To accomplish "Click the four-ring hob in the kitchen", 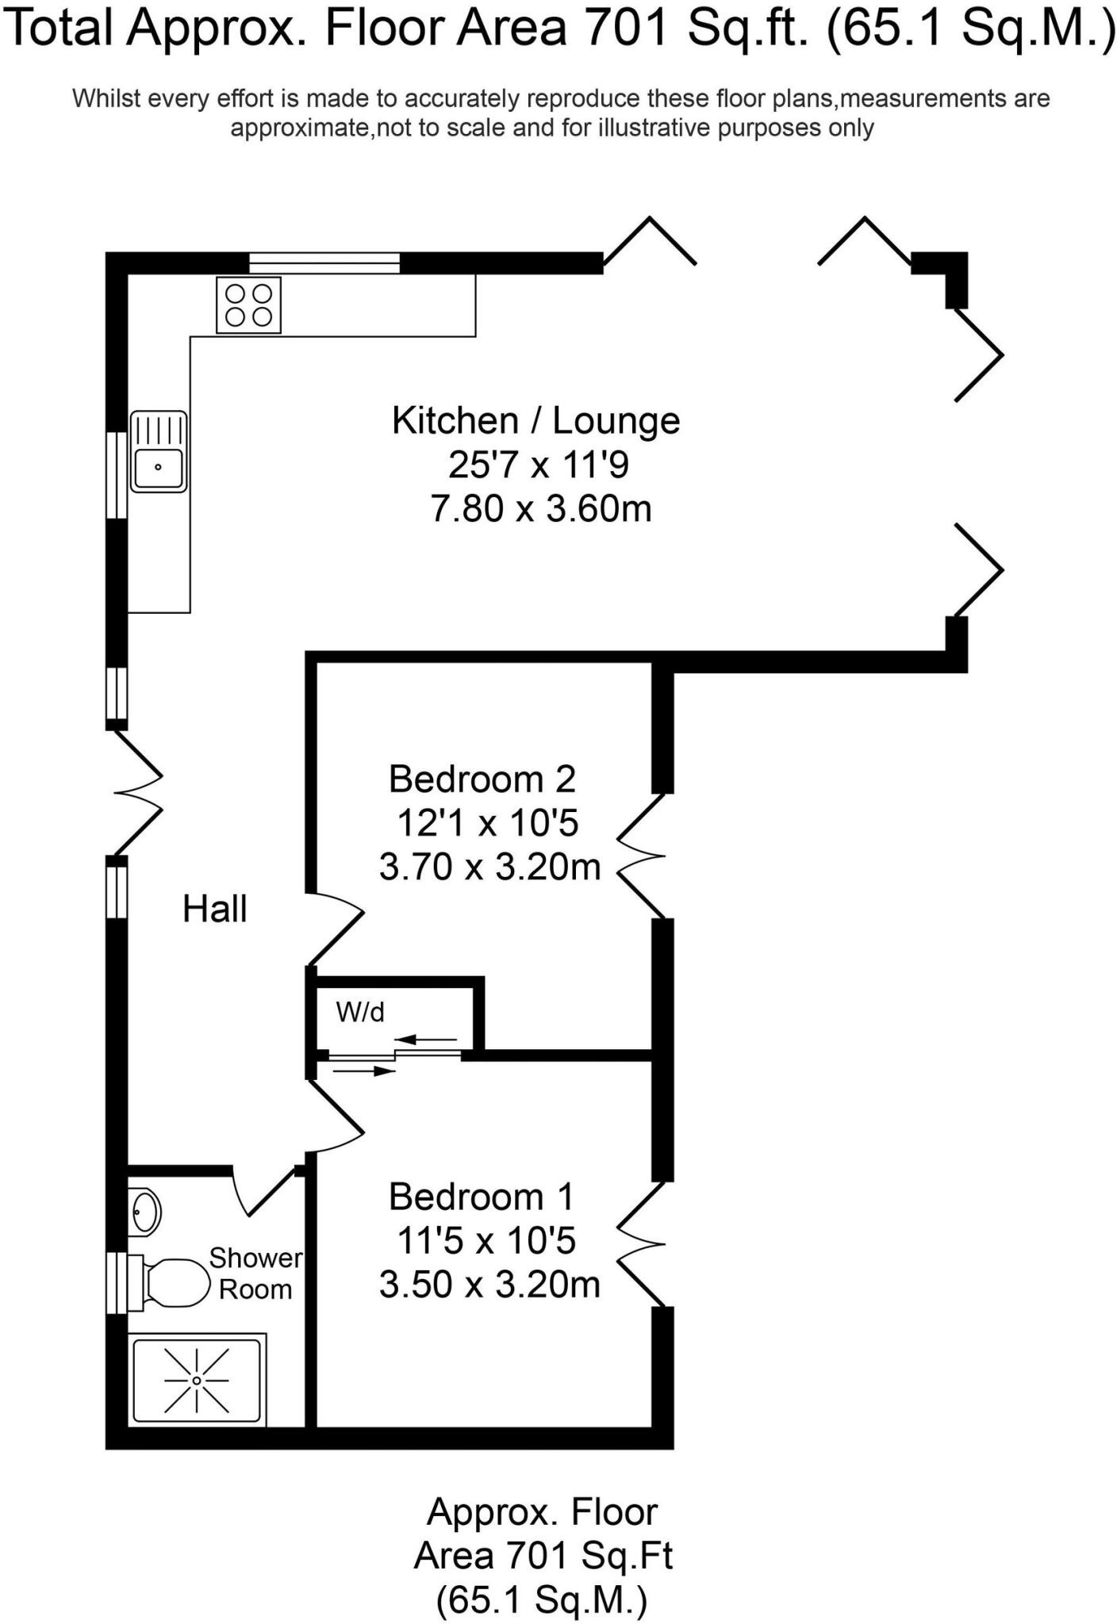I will tap(248, 304).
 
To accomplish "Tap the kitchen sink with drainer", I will tap(159, 452).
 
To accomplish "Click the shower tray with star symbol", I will tap(197, 1381).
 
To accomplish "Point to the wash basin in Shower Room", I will tap(144, 1212).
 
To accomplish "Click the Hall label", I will tap(215, 909).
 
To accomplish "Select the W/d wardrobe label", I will tap(360, 1012).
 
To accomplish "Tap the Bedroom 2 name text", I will tap(482, 779).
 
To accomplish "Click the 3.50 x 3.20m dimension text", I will tap(489, 1284).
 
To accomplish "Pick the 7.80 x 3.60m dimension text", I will tap(540, 508).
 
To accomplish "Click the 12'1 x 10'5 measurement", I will tap(487, 823).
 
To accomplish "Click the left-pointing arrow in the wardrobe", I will tap(425, 1039).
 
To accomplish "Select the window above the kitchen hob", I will tap(324, 262).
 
